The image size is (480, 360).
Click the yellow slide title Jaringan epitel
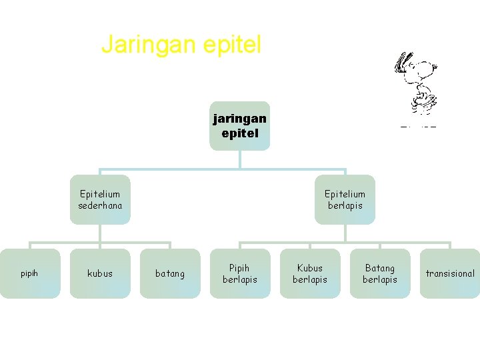pyautogui.click(x=181, y=45)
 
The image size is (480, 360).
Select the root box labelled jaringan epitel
pyautogui.click(x=239, y=125)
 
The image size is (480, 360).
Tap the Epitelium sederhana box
pyautogui.click(x=101, y=199)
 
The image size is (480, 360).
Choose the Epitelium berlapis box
pyautogui.click(x=345, y=199)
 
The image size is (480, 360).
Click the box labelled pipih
pyautogui.click(x=29, y=273)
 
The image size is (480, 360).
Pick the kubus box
pyautogui.click(x=100, y=273)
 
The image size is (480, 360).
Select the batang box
pyautogui.click(x=170, y=273)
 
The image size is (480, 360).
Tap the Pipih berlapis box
pyautogui.click(x=240, y=273)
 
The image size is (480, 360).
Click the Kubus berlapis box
pyautogui.click(x=310, y=273)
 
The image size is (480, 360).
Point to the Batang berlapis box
pyautogui.click(x=380, y=273)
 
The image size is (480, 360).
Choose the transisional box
pyautogui.click(x=450, y=273)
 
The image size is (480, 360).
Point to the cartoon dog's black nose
pyautogui.click(x=435, y=66)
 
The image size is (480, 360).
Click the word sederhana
pyautogui.click(x=101, y=205)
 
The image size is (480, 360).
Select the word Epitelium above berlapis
pyautogui.click(x=345, y=193)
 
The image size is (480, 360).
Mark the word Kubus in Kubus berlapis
pyautogui.click(x=310, y=268)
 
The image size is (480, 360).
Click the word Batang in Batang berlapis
pyautogui.click(x=380, y=268)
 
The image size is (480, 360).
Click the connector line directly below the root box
pyautogui.click(x=240, y=159)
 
